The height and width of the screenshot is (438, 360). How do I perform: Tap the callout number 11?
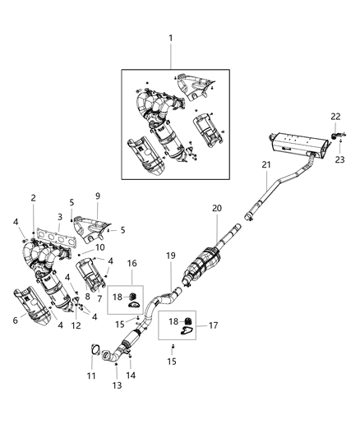point(91,376)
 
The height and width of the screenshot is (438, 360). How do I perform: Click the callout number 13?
point(117,385)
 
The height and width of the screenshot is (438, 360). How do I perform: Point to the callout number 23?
point(339,159)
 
